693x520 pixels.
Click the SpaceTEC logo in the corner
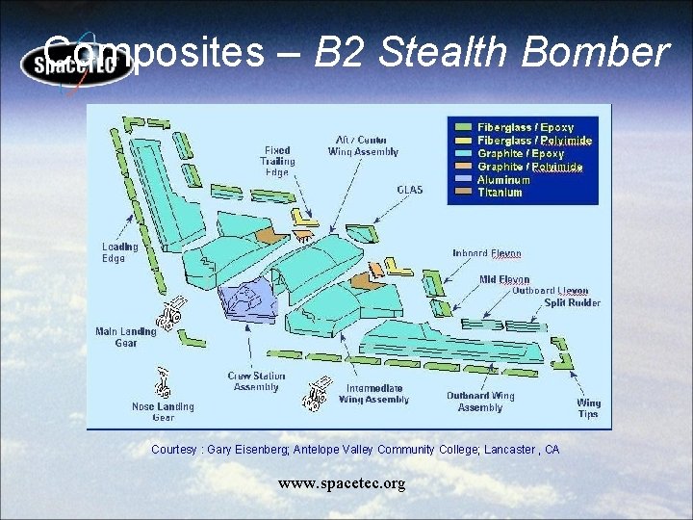click(x=77, y=65)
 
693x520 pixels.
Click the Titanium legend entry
click(x=500, y=193)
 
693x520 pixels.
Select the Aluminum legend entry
click(x=503, y=180)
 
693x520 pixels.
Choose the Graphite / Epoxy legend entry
click(x=521, y=153)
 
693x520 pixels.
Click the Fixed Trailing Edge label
click(x=278, y=162)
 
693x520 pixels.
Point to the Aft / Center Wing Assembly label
click(x=363, y=146)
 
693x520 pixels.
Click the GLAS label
click(x=410, y=190)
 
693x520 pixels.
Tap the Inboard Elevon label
click(x=486, y=254)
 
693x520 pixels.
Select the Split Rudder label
click(x=572, y=302)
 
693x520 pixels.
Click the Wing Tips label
click(x=588, y=408)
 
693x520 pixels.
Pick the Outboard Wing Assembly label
click(x=480, y=402)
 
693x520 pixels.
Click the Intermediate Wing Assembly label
click(x=373, y=394)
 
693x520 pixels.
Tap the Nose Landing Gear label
click(x=163, y=412)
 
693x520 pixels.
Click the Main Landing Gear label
click(x=125, y=337)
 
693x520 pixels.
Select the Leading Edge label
click(x=120, y=252)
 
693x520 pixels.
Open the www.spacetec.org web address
click(x=342, y=483)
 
